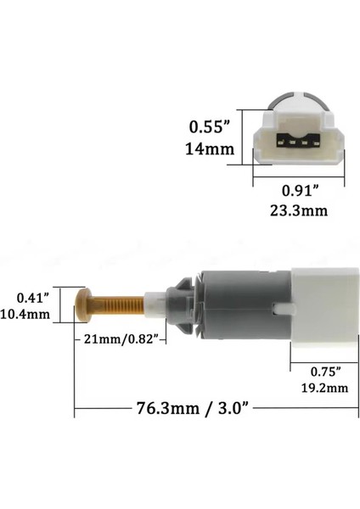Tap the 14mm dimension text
210,150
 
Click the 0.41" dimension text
32,298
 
